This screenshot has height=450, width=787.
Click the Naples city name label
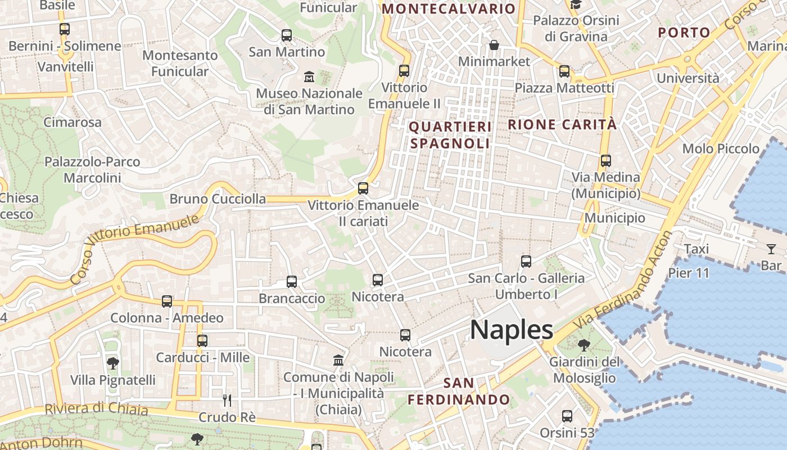pos(511,330)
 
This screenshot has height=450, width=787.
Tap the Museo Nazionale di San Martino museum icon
pos(309,76)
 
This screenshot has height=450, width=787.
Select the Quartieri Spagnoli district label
pos(450,135)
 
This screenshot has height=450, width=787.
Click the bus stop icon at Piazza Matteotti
pos(564,71)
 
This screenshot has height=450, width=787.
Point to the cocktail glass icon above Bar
pos(771,249)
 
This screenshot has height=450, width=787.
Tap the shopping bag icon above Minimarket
pos(494,45)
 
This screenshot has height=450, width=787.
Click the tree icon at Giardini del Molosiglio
pos(584,345)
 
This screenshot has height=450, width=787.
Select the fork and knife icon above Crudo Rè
pos(227,400)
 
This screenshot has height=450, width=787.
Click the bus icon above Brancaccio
pos(291,282)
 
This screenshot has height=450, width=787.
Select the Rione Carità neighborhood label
pos(562,125)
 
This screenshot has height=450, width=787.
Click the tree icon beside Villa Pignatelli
pos(113,363)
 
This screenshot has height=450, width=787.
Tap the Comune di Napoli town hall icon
pos(338,360)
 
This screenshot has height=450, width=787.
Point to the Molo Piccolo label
pos(720,149)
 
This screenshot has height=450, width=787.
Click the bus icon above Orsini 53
pos(567,416)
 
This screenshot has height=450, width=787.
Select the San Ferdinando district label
pos(459,391)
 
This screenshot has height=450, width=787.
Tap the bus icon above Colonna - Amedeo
pos(167,301)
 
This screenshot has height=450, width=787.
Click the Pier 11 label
pos(689,273)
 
